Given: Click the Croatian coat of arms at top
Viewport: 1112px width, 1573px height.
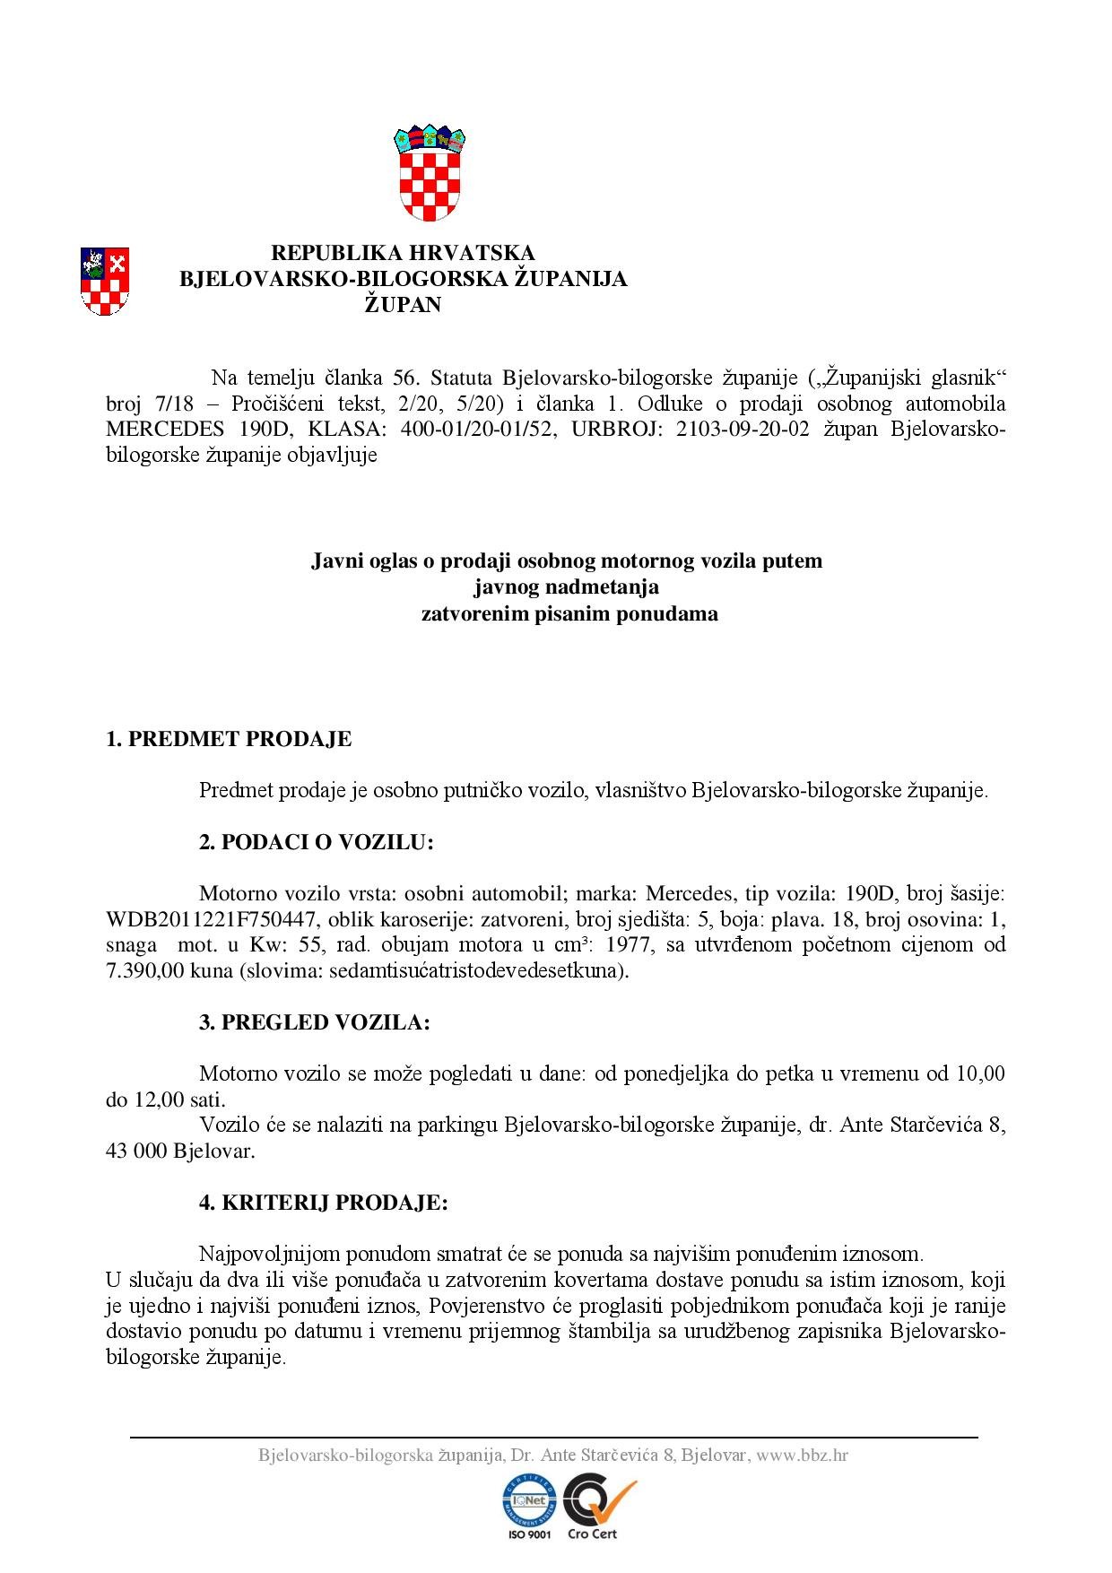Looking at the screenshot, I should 430,173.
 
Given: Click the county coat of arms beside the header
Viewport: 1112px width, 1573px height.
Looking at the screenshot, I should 105,282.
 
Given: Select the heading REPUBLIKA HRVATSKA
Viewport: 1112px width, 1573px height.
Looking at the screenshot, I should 403,253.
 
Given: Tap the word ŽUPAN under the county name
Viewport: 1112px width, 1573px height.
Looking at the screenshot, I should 403,305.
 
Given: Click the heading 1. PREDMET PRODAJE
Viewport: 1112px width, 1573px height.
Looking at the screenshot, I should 229,739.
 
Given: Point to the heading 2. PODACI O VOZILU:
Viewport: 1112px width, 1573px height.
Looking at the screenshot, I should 316,842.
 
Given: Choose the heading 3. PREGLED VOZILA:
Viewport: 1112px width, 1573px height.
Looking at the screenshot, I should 314,1022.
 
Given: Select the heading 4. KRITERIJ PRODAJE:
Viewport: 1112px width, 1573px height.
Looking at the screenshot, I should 323,1203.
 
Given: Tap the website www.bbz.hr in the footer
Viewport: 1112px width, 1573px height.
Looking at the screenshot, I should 802,1456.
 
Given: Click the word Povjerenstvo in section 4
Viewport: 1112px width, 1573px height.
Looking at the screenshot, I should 494,1306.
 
